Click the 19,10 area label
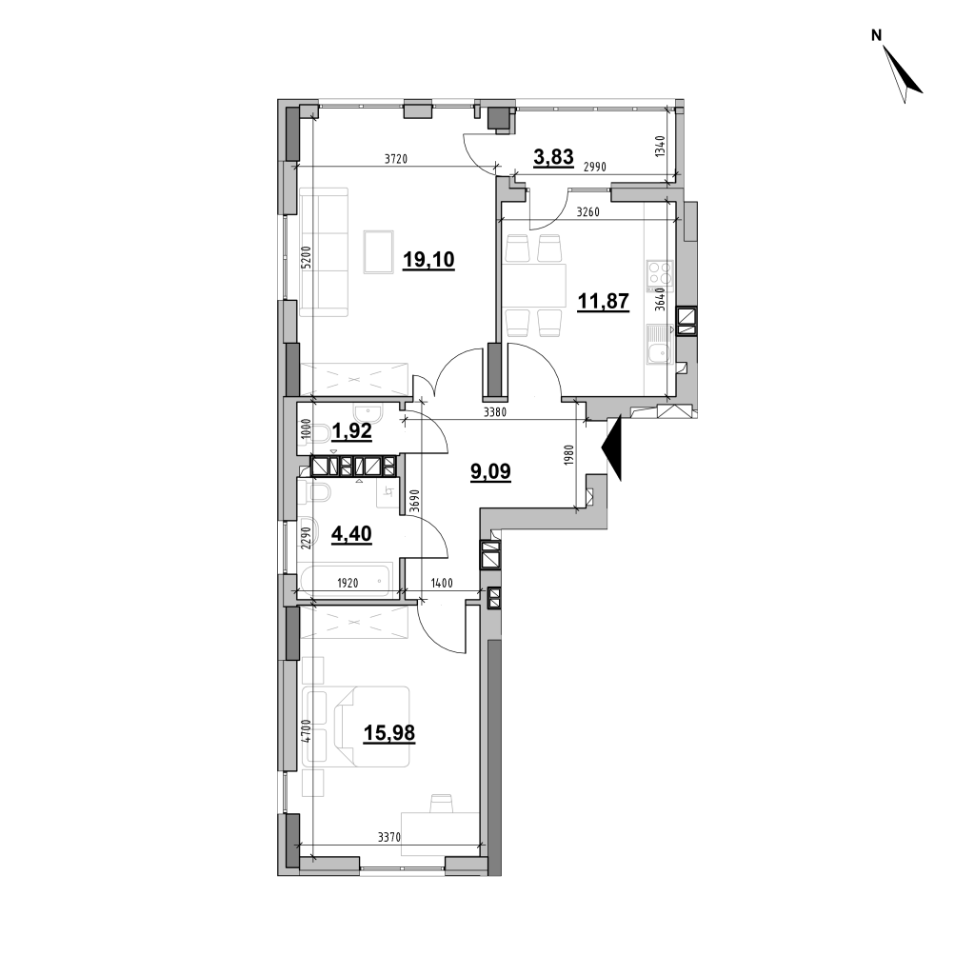pyautogui.click(x=428, y=259)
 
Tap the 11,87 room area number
pyautogui.click(x=603, y=301)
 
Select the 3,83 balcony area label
pyautogui.click(x=553, y=157)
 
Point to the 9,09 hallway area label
pyautogui.click(x=490, y=471)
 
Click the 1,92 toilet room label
pyautogui.click(x=352, y=431)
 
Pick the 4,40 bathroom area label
pyautogui.click(x=352, y=533)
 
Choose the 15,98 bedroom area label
pyautogui.click(x=389, y=734)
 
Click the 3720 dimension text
pyautogui.click(x=395, y=159)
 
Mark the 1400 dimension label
pyautogui.click(x=442, y=584)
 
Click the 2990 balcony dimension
pyautogui.click(x=594, y=167)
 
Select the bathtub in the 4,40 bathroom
pyautogui.click(x=344, y=580)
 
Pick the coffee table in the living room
pyautogui.click(x=379, y=251)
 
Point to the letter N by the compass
pyautogui.click(x=877, y=36)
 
